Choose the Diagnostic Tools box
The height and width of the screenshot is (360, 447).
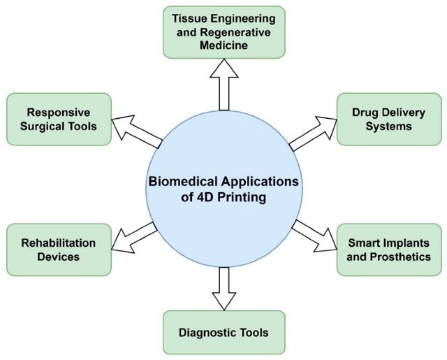coord(224,333)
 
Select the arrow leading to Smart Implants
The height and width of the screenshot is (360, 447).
coord(314,237)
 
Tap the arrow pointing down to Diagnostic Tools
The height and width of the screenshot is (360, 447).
coord(223,287)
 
